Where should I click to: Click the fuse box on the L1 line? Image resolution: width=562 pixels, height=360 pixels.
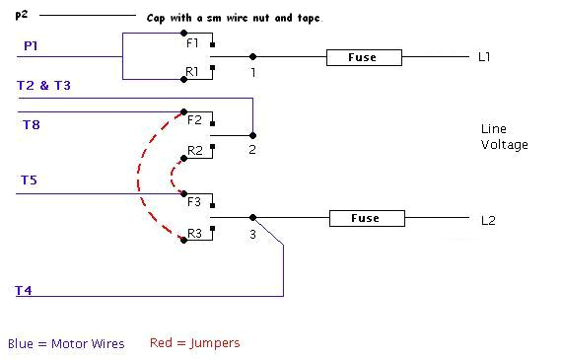(x=365, y=58)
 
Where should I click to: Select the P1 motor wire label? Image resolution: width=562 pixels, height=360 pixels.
(x=32, y=46)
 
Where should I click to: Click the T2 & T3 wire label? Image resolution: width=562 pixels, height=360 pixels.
(x=43, y=86)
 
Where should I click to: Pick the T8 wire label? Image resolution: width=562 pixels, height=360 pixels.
(x=31, y=124)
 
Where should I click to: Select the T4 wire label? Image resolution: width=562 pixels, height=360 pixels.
(x=24, y=290)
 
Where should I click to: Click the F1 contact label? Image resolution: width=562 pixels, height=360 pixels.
(x=192, y=43)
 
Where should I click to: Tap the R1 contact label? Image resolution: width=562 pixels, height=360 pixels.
(x=193, y=72)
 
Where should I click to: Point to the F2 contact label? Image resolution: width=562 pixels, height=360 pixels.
(x=193, y=120)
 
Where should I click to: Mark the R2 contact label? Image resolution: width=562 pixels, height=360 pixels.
(x=194, y=151)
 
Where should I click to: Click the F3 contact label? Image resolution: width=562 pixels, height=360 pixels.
(x=194, y=202)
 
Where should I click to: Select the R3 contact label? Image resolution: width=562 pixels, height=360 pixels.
(x=194, y=233)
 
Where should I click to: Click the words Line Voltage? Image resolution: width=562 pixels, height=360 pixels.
(x=504, y=137)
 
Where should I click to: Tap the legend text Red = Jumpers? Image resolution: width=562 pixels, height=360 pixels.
(x=194, y=343)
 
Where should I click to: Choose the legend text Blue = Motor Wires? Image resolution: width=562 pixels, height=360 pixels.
(x=66, y=344)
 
